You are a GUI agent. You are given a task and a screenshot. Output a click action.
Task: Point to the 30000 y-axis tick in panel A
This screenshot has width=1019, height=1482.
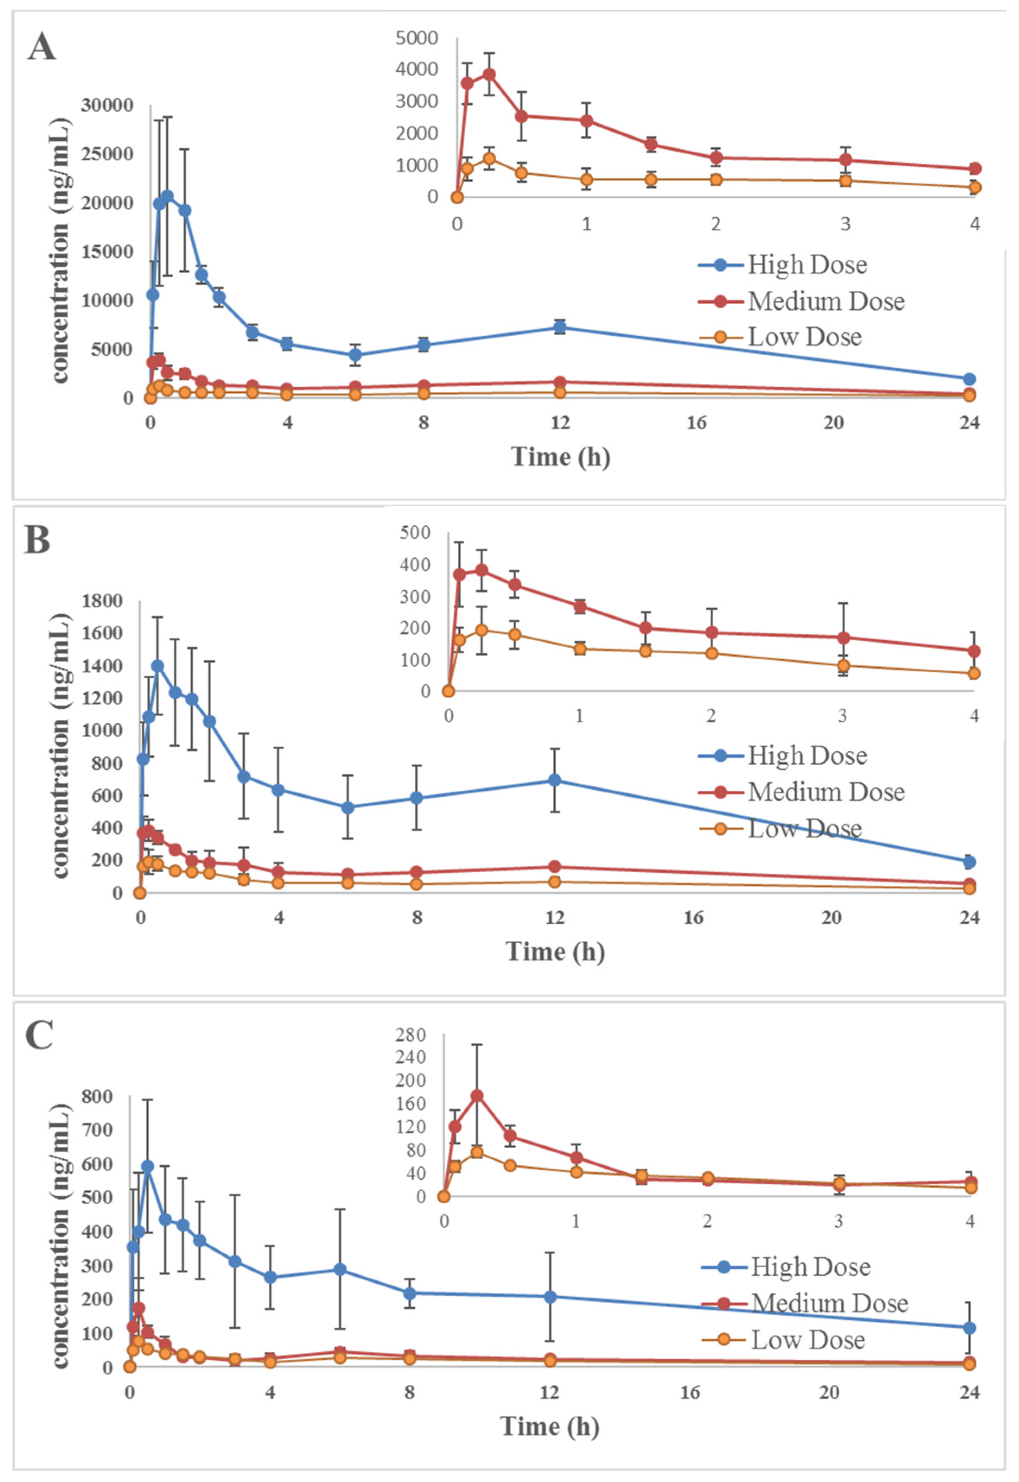107,105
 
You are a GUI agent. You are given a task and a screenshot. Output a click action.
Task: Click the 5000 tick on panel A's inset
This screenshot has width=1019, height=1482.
416,38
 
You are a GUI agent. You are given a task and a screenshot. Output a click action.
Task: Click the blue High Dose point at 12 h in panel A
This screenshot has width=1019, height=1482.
560,328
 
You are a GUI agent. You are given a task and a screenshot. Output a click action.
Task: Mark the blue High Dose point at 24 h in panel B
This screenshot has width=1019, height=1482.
968,862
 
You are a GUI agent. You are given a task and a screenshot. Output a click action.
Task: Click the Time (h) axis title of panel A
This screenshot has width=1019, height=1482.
560,457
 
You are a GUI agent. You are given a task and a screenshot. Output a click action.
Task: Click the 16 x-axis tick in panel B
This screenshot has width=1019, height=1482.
693,918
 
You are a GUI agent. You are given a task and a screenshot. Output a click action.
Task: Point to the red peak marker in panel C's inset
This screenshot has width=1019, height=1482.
476,1096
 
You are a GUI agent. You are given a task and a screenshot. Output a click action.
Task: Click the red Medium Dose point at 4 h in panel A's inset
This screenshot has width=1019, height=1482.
975,169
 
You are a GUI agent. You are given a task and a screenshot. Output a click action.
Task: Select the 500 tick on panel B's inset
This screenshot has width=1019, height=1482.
415,532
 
